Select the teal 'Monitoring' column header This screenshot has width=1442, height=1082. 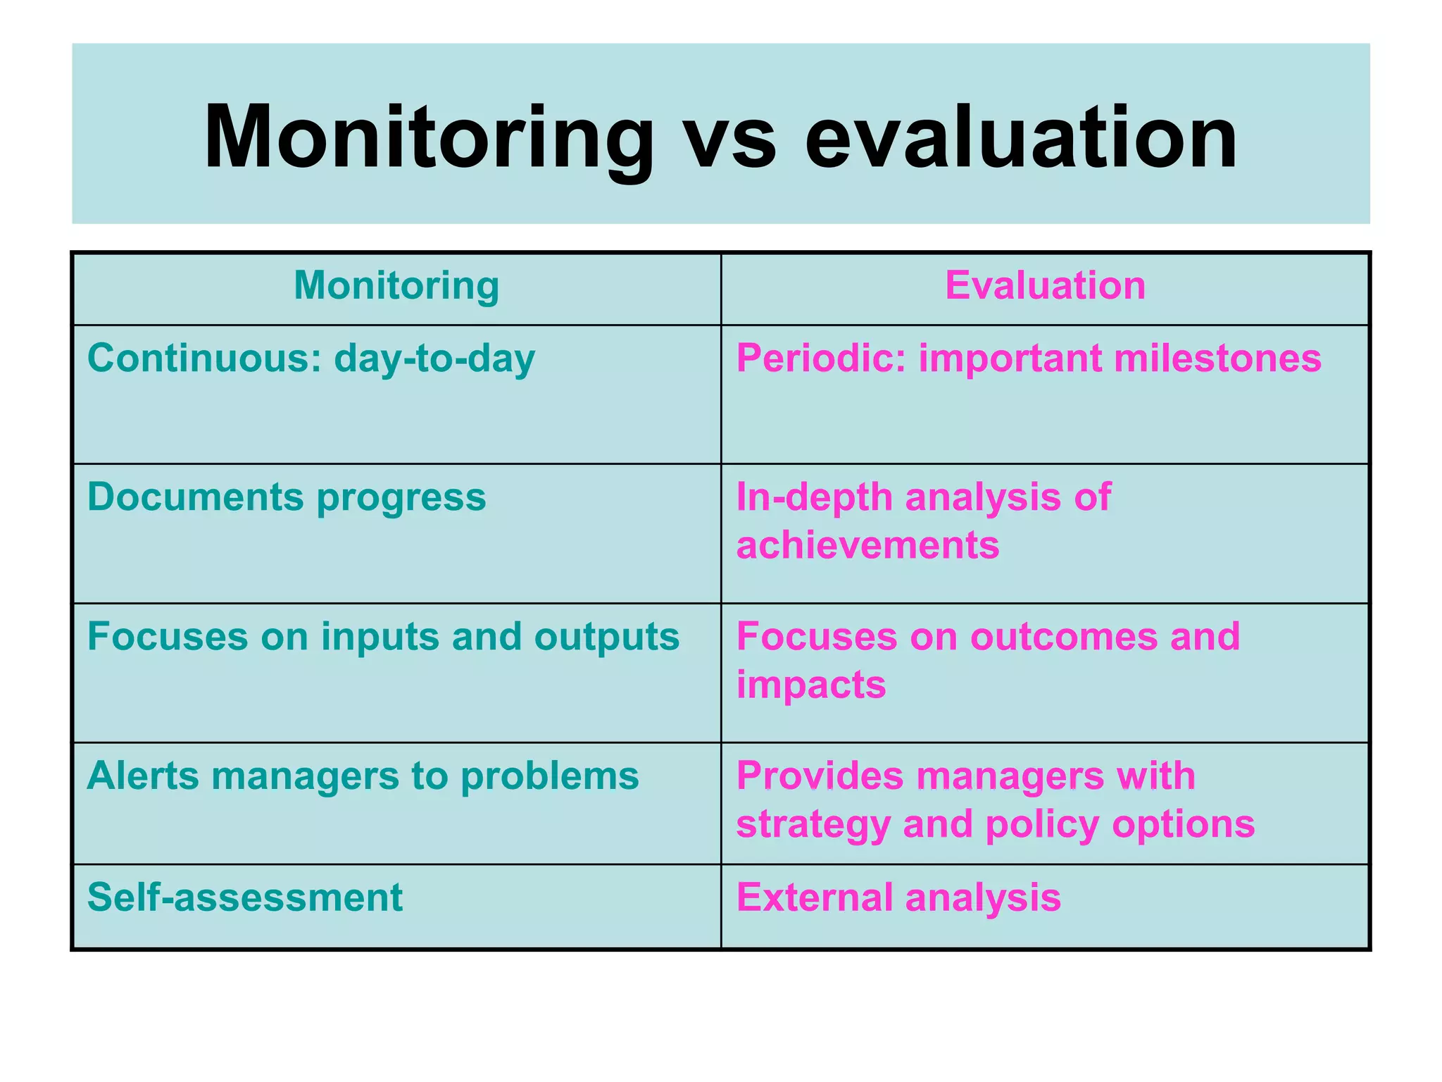pyautogui.click(x=396, y=285)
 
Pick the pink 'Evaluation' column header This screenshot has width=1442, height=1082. pyautogui.click(x=1045, y=285)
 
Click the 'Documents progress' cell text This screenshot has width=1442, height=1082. pyautogui.click(x=287, y=497)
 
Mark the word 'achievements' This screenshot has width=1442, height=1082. pyautogui.click(x=867, y=545)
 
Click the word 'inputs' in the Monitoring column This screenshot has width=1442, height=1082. pyautogui.click(x=380, y=638)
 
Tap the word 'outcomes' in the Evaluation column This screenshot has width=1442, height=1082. pyautogui.click(x=1063, y=637)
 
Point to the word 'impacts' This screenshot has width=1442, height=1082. pyautogui.click(x=811, y=685)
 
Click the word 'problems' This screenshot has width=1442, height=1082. pyautogui.click(x=549, y=777)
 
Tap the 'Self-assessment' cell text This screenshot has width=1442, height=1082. pyautogui.click(x=244, y=897)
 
